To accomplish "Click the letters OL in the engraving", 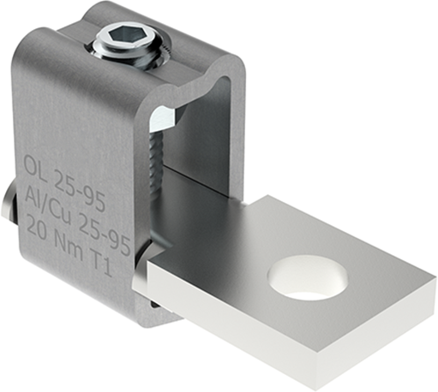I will click(x=39, y=163).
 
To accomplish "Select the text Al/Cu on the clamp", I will click(x=46, y=195).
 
